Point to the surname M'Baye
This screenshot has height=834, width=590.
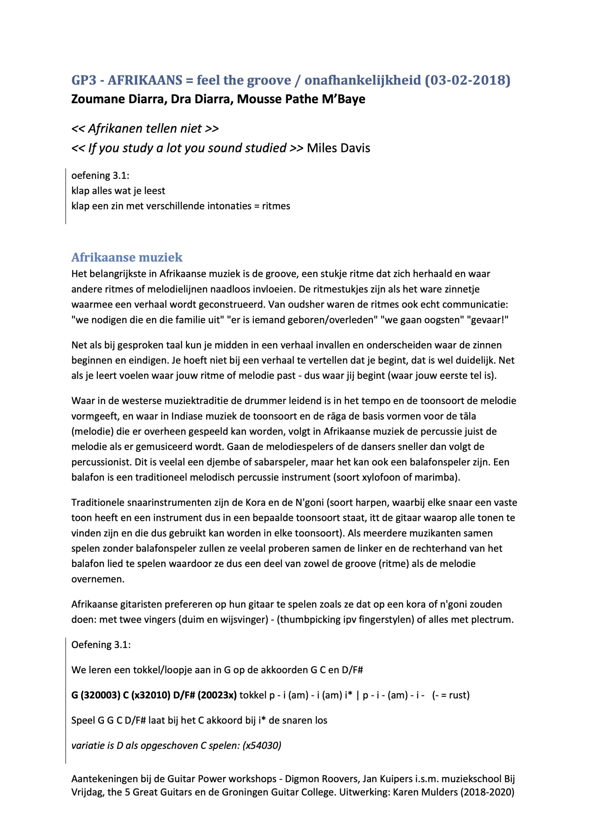click(x=344, y=99)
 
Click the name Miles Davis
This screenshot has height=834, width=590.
click(x=338, y=148)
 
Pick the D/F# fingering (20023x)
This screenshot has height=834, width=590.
click(x=217, y=695)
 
